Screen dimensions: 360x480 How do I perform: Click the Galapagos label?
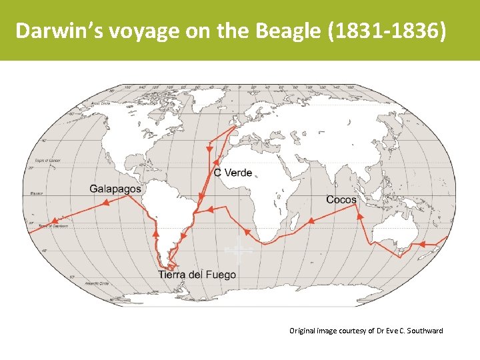tap(115, 189)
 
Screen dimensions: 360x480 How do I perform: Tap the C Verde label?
tap(233, 173)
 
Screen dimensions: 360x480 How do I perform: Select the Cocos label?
tap(341, 199)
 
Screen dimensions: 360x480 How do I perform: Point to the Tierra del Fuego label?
tap(197, 275)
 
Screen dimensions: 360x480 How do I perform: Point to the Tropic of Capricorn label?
tap(55, 227)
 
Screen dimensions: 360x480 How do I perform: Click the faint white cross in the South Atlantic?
tap(238, 251)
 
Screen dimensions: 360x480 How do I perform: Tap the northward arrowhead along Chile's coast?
tap(156, 234)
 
